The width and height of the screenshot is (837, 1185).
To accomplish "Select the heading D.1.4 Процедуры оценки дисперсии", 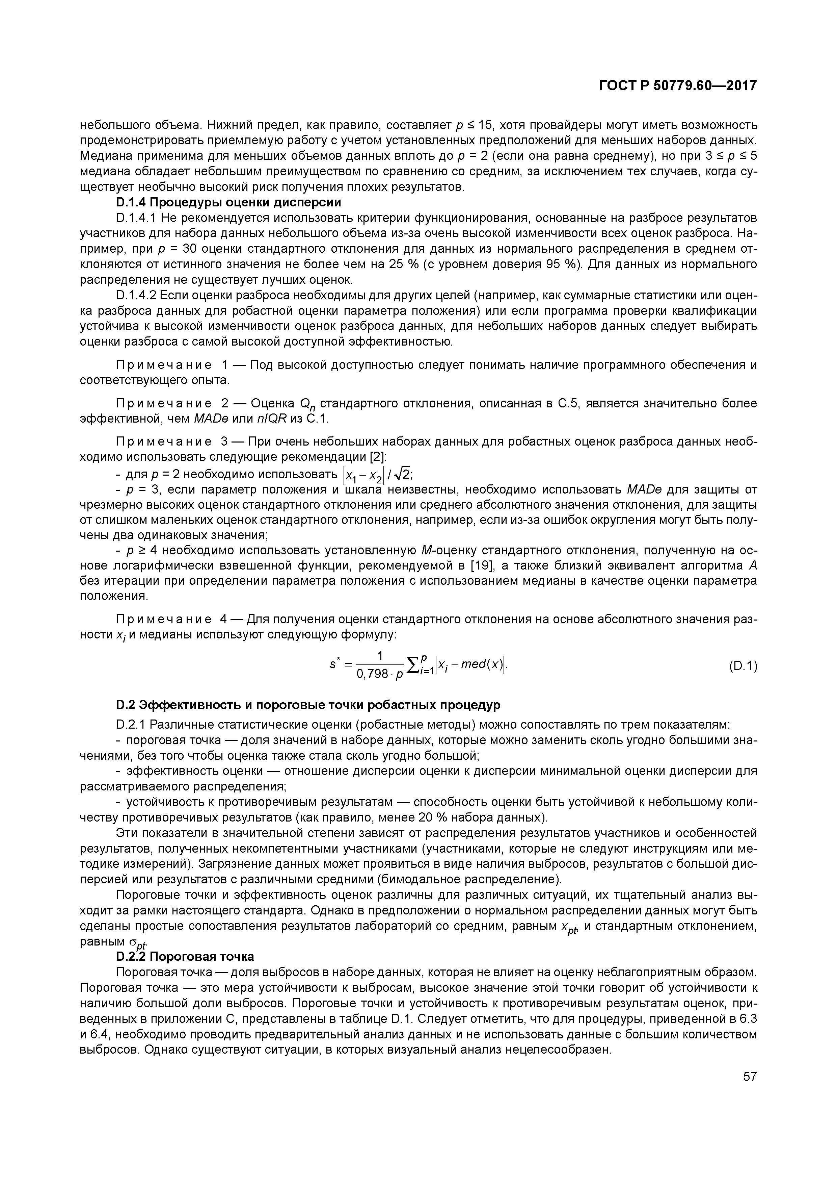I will [228, 202].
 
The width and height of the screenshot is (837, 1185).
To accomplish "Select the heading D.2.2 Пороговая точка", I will [185, 956].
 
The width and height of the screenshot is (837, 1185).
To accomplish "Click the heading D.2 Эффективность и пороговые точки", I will [308, 705].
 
